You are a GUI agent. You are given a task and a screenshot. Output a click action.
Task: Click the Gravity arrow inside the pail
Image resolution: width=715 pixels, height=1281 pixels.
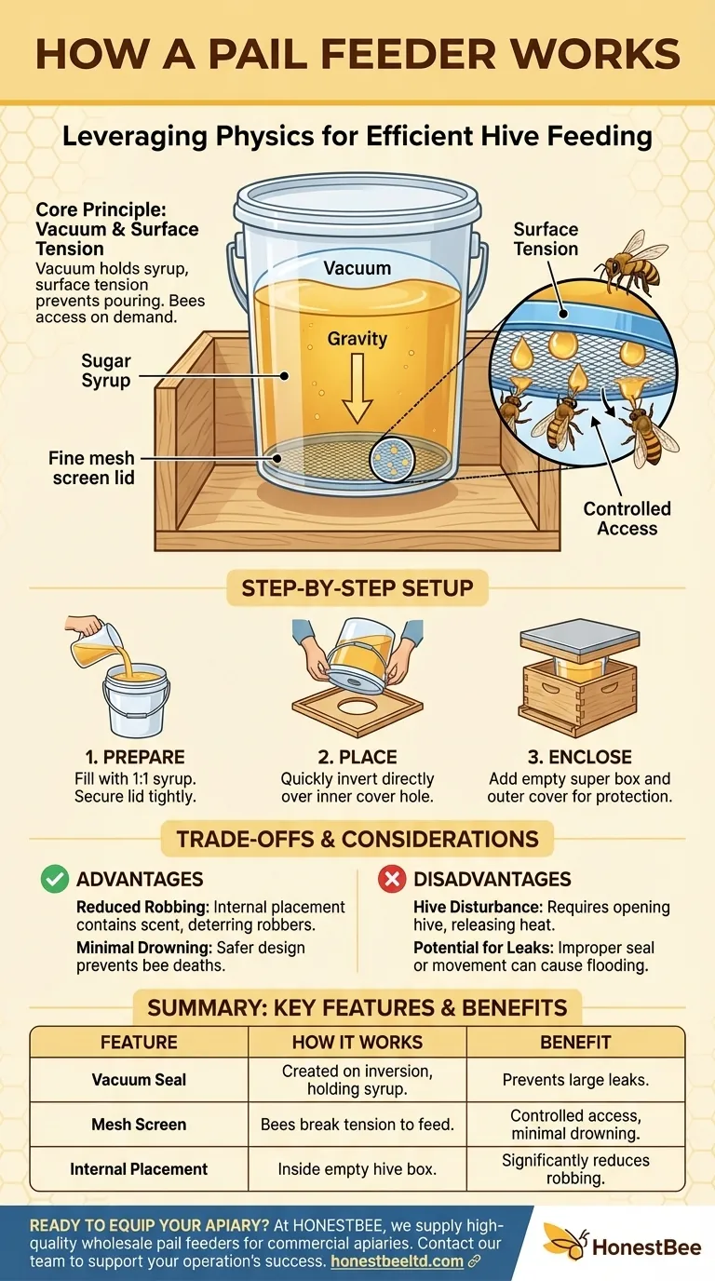[x=357, y=396]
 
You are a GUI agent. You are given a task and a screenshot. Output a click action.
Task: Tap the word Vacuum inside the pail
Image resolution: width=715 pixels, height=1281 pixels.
[x=357, y=268]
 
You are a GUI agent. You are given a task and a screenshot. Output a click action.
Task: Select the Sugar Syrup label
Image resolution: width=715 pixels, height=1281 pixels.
[x=105, y=371]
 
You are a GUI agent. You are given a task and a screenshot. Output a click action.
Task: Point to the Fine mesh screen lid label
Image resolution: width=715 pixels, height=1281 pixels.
[x=91, y=468]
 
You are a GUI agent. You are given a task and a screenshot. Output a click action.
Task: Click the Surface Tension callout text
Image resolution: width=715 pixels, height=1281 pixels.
[x=546, y=239]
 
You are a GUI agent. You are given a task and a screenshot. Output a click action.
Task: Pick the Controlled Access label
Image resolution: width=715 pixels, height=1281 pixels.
[x=627, y=519]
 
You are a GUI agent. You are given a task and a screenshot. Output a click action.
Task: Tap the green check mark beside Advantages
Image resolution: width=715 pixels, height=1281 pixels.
[x=54, y=879]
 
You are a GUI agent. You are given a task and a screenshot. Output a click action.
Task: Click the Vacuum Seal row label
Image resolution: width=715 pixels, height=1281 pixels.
[x=139, y=1080]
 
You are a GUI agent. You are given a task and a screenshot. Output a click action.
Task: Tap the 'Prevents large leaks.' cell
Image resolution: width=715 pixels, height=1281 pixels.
[x=575, y=1080]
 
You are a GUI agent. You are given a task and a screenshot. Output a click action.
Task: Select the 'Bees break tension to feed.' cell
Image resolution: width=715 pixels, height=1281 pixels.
[x=357, y=1125]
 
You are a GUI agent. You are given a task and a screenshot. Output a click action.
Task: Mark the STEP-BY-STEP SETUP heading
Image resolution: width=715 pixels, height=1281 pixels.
[x=357, y=588]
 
